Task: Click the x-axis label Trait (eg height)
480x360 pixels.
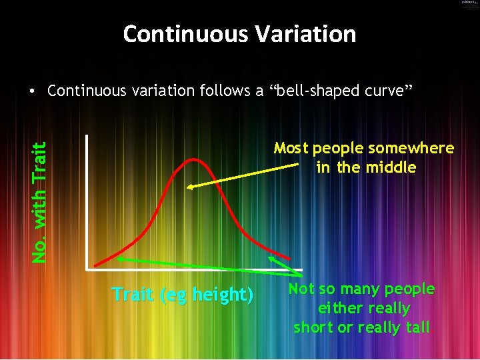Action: [x=182, y=294]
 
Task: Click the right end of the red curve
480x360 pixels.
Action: [x=289, y=258]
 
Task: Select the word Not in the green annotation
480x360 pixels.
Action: [x=301, y=289]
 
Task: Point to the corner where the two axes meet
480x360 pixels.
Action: [x=87, y=269]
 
